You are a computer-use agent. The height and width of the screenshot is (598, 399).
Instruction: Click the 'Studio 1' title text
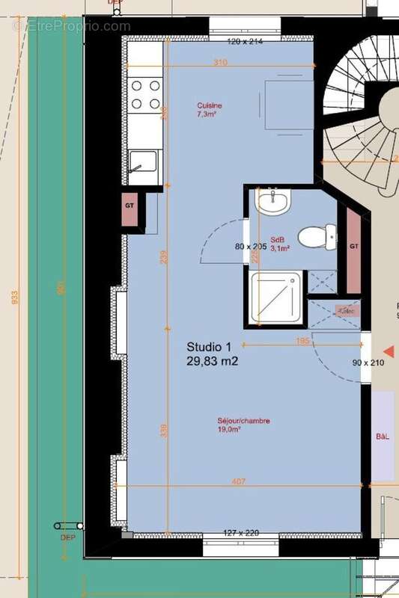coord(209,347)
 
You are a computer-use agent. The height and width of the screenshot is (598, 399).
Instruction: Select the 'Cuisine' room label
coord(210,106)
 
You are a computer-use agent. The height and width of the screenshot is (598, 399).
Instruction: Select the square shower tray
coord(275,298)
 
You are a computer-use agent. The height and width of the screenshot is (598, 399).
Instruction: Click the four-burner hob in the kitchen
coord(145,95)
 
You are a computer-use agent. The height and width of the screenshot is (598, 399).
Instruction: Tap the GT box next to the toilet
coord(354,247)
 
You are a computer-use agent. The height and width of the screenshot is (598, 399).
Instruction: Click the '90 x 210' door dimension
coord(368,363)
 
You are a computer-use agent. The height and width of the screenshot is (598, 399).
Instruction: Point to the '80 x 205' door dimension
coord(250,247)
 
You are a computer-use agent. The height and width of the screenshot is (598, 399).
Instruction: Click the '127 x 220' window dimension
coord(241,533)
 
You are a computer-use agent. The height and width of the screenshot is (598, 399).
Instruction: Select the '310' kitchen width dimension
coord(220,63)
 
